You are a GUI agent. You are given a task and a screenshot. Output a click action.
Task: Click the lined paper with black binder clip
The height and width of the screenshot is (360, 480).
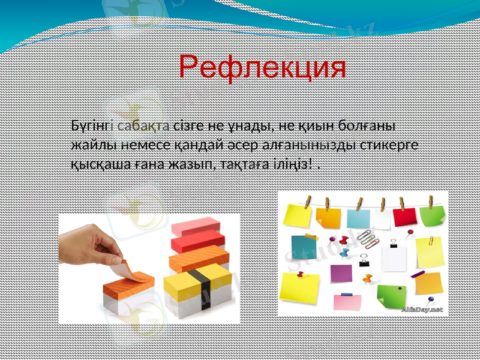pos(394,257)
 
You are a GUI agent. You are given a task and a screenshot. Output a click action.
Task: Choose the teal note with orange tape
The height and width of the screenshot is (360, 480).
pos(302,246)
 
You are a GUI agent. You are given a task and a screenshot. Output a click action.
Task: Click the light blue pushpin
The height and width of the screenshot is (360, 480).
pos(343,253)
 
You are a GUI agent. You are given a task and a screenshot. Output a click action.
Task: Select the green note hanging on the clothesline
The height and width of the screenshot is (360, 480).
pos(433,217)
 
